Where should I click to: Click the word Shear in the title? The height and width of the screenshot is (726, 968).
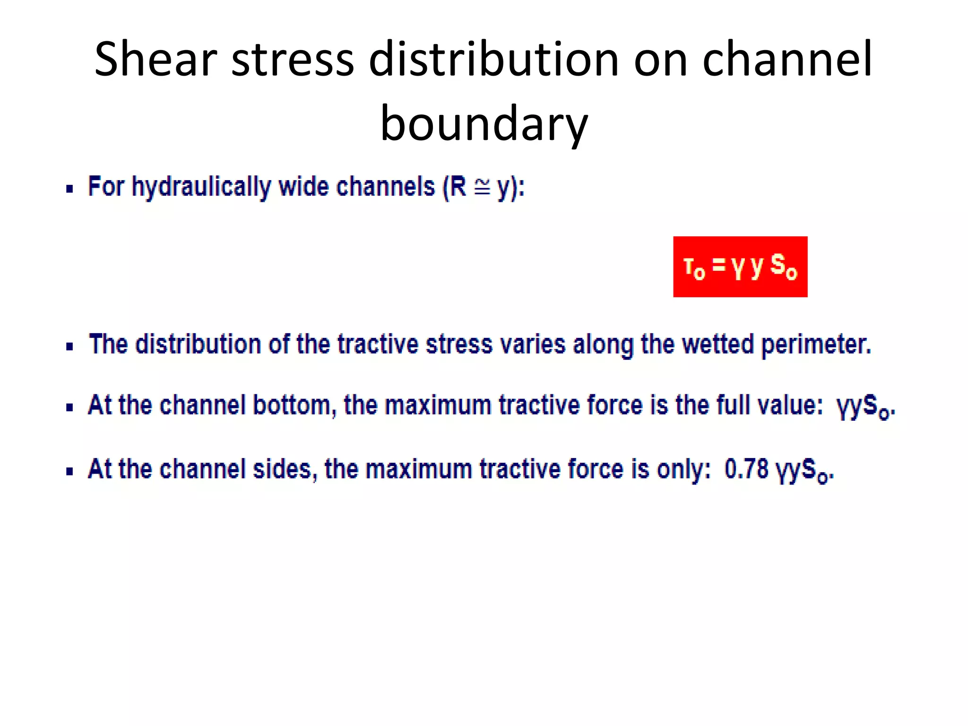click(x=156, y=59)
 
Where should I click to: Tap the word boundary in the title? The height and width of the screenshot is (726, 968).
click(x=484, y=124)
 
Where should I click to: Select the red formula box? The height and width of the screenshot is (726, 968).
click(x=740, y=267)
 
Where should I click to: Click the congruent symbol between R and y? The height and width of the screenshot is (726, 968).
click(x=482, y=188)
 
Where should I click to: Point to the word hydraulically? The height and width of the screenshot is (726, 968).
click(x=201, y=187)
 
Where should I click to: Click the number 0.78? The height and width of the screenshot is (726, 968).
click(x=746, y=469)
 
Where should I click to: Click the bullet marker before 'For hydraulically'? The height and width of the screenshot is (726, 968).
click(x=70, y=189)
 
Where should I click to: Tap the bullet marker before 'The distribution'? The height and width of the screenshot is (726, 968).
click(x=70, y=346)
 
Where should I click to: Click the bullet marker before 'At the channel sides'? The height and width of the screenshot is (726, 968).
click(x=70, y=471)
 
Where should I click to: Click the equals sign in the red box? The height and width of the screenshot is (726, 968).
click(x=719, y=265)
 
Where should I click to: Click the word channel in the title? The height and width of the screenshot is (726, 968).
click(x=787, y=59)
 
